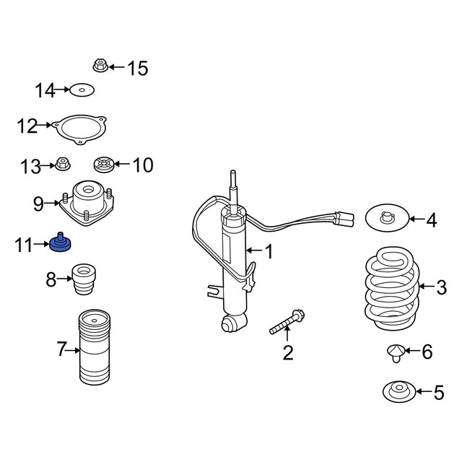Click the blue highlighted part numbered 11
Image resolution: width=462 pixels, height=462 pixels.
point(60,245)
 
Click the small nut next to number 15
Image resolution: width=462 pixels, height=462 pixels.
point(100,67)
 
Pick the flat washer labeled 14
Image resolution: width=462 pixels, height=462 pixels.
point(82,90)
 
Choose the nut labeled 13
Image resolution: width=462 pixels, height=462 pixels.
point(64,165)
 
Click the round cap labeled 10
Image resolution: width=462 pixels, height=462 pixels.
point(104,165)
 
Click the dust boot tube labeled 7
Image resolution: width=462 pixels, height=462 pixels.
point(93,350)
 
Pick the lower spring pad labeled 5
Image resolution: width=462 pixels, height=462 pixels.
point(397,392)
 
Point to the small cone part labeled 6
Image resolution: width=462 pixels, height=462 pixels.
point(395,352)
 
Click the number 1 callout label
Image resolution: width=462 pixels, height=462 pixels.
point(269,252)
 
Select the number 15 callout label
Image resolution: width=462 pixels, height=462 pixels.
point(137,69)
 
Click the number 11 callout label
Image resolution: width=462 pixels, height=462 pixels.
point(23,246)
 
